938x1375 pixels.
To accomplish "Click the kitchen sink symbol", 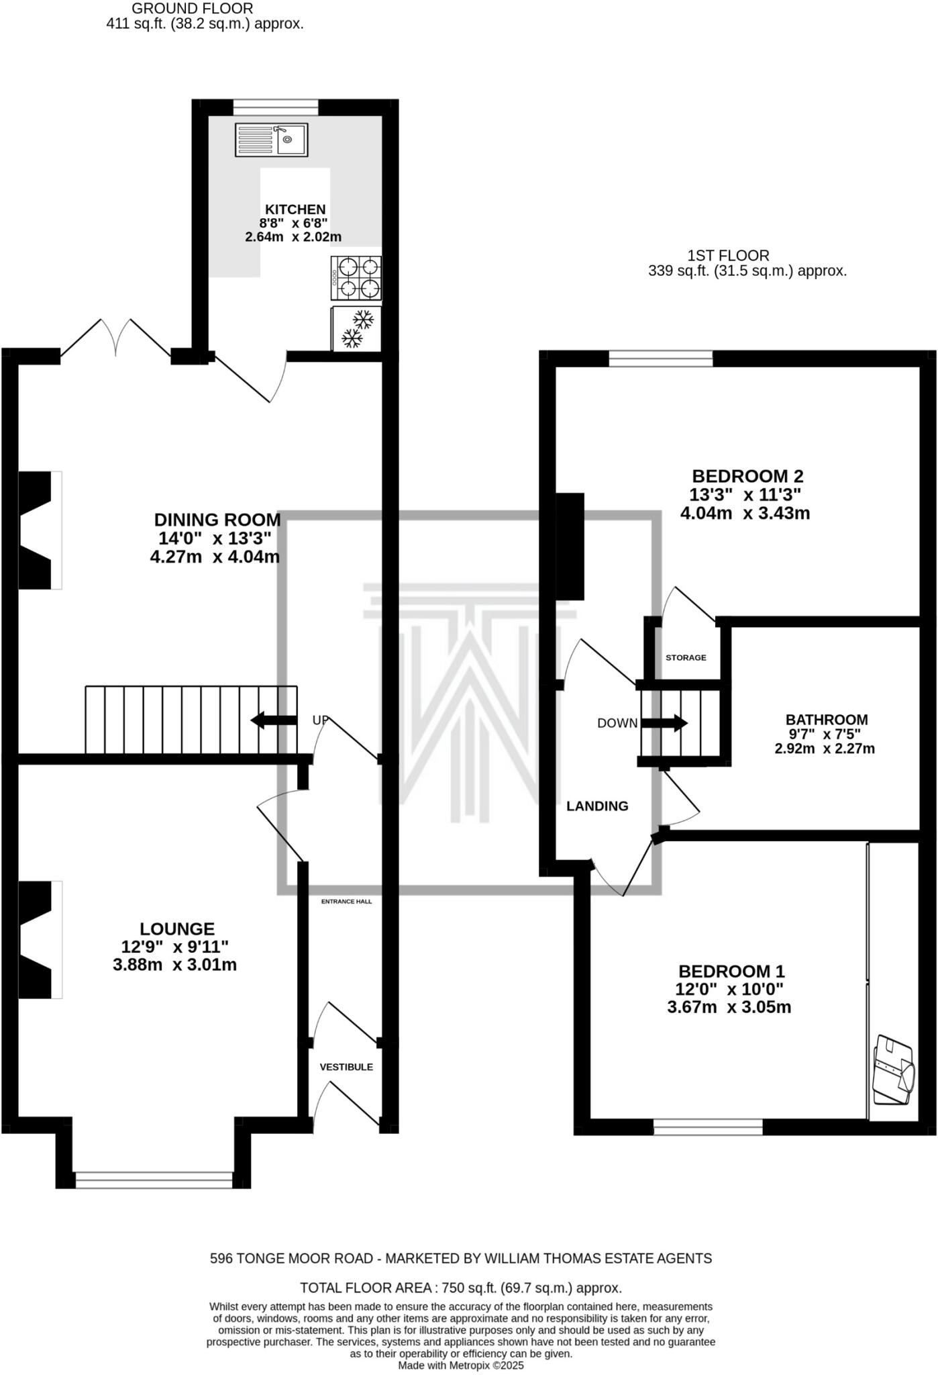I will click(x=271, y=140).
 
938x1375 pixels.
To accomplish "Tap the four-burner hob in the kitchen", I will click(x=356, y=278).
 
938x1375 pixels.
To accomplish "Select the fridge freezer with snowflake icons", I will click(x=356, y=328).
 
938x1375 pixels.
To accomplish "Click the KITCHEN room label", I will click(x=295, y=209).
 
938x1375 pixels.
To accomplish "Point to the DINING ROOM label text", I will click(x=217, y=520).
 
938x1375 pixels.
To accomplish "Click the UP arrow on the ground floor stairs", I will click(x=274, y=720).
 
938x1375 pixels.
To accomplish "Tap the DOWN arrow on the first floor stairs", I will click(x=664, y=723).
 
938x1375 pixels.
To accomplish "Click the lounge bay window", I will click(x=154, y=1180).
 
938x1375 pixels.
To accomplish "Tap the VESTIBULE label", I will click(x=346, y=1067).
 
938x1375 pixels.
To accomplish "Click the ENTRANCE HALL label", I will click(x=346, y=901).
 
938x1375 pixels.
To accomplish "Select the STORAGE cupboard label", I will click(x=686, y=657).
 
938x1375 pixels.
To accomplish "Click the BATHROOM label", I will click(x=827, y=719).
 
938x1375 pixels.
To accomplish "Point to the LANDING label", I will click(x=597, y=806).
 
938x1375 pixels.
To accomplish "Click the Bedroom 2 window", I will click(x=661, y=359).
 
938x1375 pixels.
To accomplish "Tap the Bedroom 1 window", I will click(x=708, y=1127).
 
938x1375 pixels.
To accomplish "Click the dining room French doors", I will click(x=116, y=341).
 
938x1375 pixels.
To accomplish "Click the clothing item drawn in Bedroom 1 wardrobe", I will click(x=893, y=1071).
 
